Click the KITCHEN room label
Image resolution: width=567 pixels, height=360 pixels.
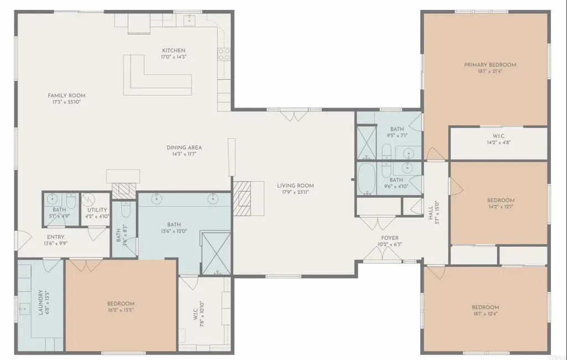point(173,50)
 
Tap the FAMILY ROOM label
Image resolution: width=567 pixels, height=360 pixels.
point(66,96)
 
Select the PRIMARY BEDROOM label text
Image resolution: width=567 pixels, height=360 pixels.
point(489,65)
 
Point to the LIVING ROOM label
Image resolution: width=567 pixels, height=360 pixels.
point(295,186)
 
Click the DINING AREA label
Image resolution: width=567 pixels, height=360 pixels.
point(184,148)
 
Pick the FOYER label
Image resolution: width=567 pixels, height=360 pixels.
point(390,238)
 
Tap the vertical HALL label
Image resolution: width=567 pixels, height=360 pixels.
point(430,211)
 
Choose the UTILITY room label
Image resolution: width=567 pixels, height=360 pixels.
point(97,210)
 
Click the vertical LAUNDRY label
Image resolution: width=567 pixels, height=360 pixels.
point(40,302)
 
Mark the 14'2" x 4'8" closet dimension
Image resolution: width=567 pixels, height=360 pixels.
point(498,142)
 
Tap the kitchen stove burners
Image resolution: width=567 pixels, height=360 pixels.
point(224,54)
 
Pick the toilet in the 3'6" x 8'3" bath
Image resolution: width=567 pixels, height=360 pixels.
point(125,210)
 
